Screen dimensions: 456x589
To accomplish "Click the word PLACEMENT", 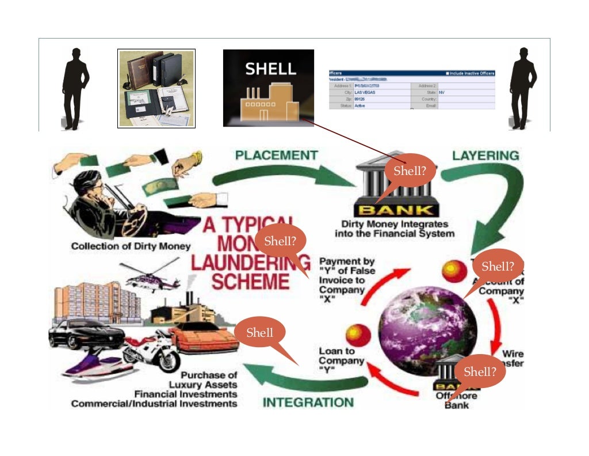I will tap(277, 155).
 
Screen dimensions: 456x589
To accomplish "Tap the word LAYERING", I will tap(485, 155).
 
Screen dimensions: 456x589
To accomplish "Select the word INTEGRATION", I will tap(308, 402).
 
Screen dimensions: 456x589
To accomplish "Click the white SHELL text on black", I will tap(270, 69).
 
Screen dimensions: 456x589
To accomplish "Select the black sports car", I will tap(86, 333).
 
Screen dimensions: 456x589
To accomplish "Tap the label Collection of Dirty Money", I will tap(131, 246).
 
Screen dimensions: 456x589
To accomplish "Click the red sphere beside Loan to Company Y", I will tap(358, 336).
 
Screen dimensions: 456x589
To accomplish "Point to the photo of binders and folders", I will tap(156, 88).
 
